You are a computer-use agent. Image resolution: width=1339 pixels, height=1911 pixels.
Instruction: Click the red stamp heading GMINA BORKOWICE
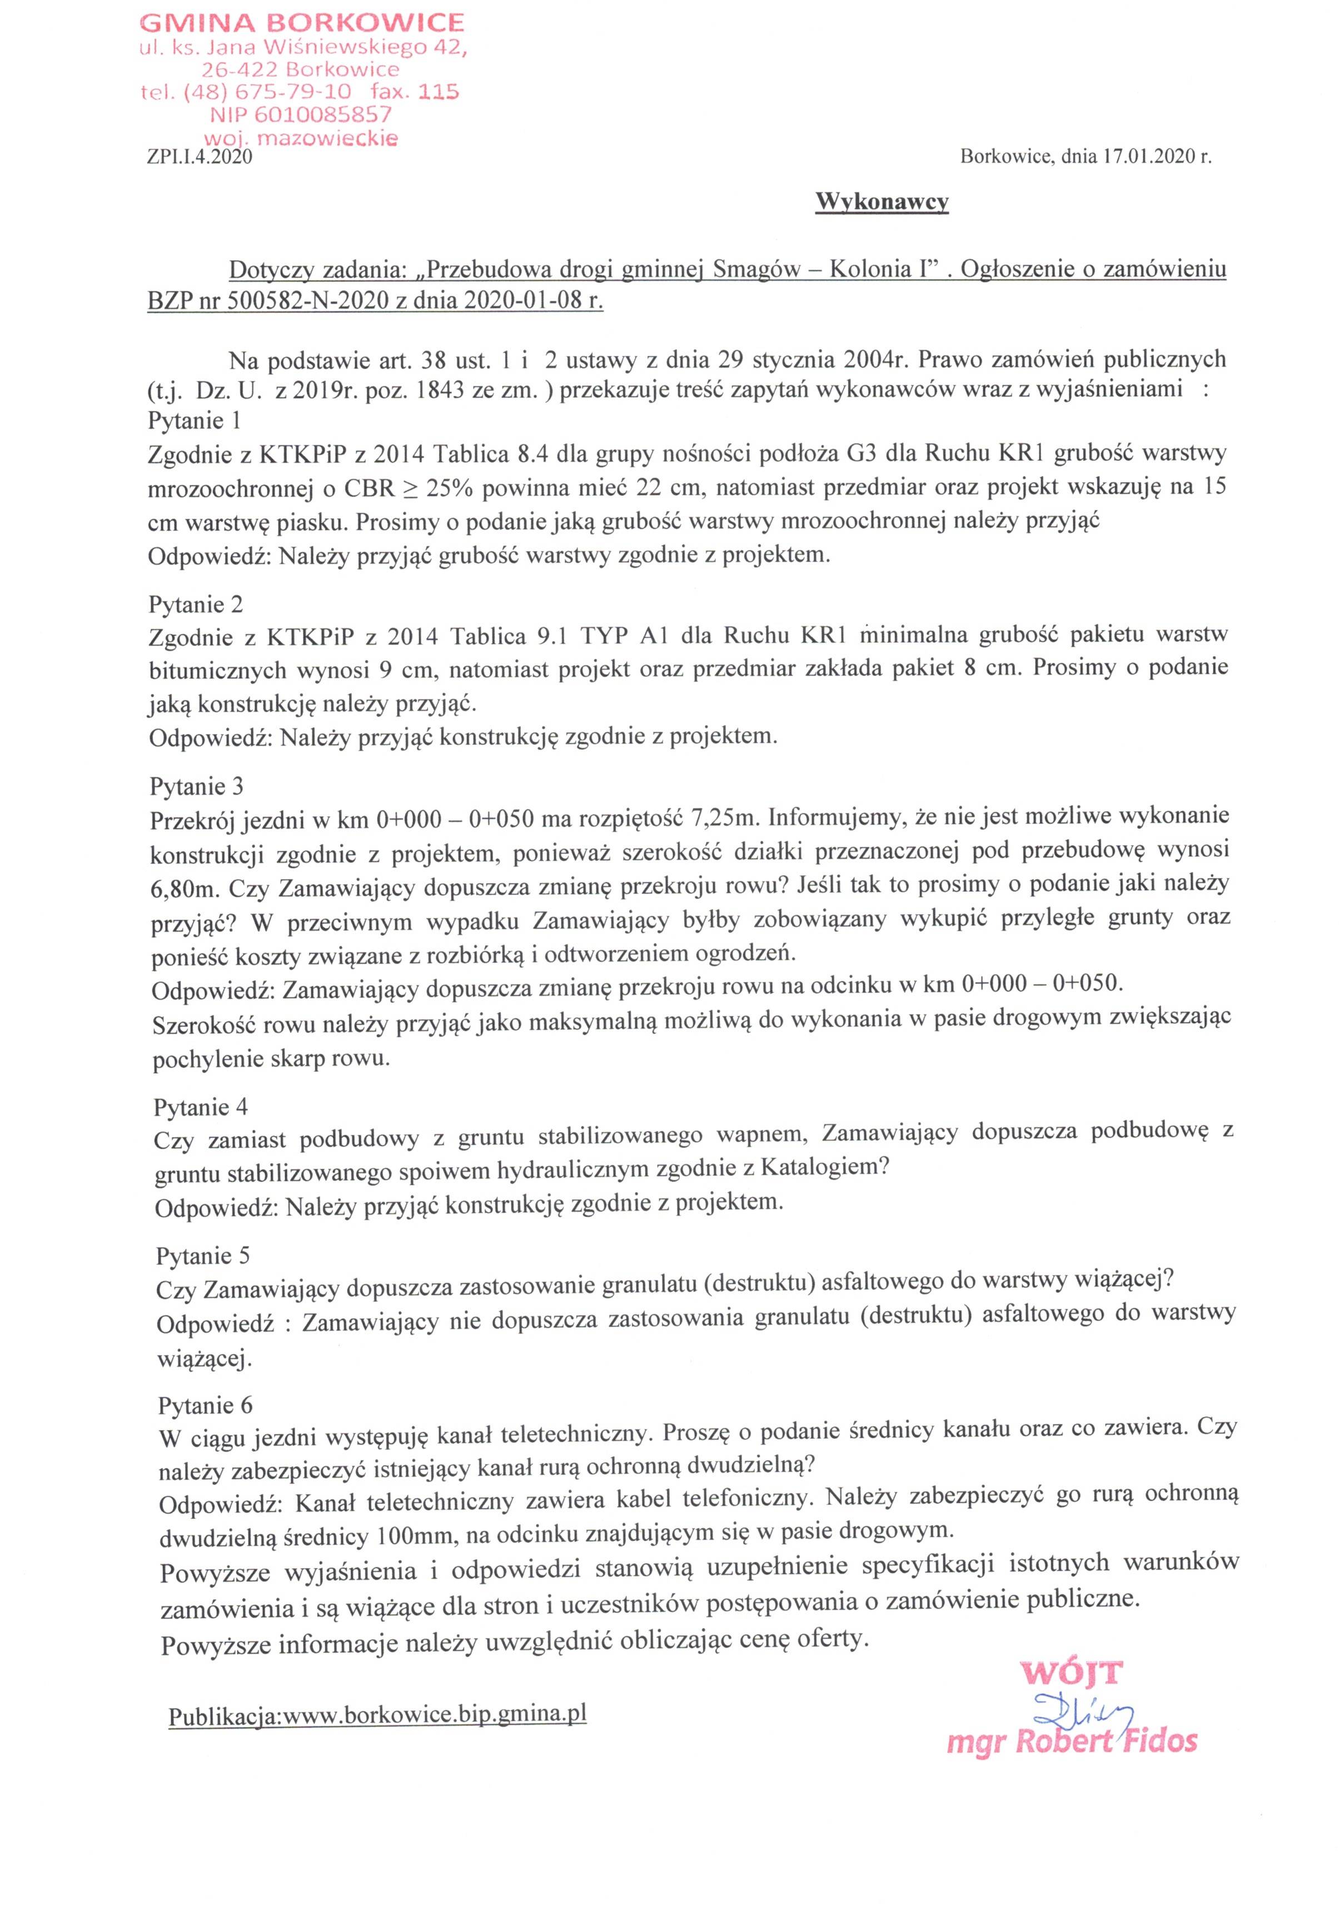point(302,22)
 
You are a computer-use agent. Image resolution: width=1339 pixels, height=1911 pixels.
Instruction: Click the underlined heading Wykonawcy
point(882,202)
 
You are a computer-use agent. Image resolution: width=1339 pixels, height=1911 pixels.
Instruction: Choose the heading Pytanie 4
point(201,1107)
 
